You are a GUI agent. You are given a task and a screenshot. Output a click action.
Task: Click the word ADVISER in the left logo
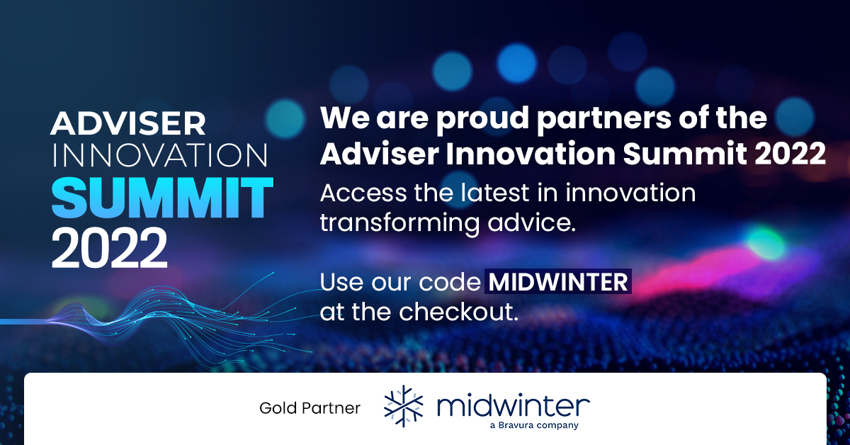[128, 123]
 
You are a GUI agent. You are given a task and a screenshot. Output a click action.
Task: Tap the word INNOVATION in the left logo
[160, 155]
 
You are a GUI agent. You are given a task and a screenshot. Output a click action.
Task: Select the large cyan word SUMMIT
[162, 198]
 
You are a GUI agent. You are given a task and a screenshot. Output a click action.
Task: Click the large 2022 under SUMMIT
[109, 248]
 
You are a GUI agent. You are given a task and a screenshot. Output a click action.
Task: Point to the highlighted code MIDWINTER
[558, 282]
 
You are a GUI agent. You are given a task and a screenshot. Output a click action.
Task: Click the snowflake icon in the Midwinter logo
[403, 406]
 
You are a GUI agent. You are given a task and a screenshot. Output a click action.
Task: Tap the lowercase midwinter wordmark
[514, 406]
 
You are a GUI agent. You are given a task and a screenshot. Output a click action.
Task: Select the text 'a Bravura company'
[534, 425]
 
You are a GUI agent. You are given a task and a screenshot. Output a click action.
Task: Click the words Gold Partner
[310, 408]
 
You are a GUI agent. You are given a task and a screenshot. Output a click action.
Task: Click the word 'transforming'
[400, 223]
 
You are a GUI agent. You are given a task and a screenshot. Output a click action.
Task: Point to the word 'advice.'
[532, 222]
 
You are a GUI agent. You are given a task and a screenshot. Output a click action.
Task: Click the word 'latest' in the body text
[495, 193]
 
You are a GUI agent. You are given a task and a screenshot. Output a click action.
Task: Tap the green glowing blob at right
[766, 242]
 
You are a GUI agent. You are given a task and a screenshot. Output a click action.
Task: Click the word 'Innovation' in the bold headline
[531, 154]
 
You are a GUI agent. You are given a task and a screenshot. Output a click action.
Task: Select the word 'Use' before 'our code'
[341, 282]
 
